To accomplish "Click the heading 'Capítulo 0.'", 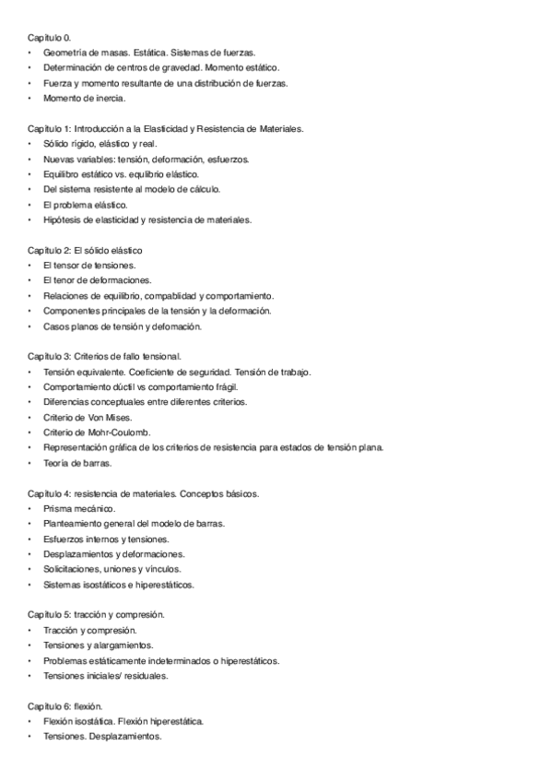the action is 50,38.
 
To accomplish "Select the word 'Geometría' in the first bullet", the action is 65,53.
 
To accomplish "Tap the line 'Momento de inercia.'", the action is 84,98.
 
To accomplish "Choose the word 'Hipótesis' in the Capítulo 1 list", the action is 62,219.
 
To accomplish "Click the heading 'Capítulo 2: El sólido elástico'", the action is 84,250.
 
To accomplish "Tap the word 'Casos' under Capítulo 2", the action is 55,326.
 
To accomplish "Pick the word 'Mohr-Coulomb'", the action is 121,432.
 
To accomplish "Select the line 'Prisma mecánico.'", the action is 78,508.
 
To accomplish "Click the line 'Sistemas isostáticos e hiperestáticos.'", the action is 118,584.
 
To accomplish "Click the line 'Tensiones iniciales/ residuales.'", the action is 105,675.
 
